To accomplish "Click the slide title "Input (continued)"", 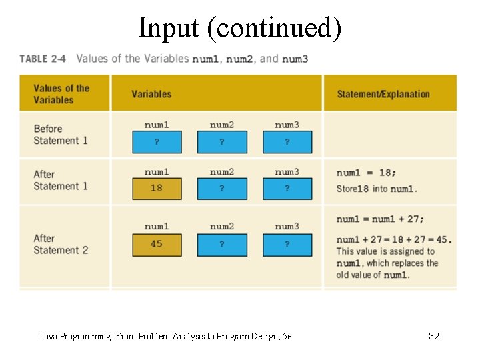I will (x=239, y=28).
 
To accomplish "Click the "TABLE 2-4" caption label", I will (x=43, y=59).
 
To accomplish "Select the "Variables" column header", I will (x=151, y=94).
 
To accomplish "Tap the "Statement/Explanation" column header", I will (x=383, y=94).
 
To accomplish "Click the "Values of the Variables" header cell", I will (x=61, y=94).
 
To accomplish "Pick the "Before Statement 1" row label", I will (x=61, y=135).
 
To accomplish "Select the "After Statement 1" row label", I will (x=61, y=180).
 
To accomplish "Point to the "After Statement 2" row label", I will (x=61, y=244).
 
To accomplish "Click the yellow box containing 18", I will (x=157, y=188).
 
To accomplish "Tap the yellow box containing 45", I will (x=157, y=245).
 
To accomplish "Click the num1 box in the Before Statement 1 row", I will (x=157, y=142).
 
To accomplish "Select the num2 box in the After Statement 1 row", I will (x=222, y=188).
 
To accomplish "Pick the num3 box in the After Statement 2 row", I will (x=287, y=245).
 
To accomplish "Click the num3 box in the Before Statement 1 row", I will (x=287, y=142).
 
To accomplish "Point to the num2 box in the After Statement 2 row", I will (x=222, y=245).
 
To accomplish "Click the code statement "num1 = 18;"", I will (x=365, y=173).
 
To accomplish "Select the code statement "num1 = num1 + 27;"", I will (x=380, y=219).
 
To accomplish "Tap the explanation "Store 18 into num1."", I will (x=377, y=189).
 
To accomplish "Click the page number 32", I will (x=433, y=337).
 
